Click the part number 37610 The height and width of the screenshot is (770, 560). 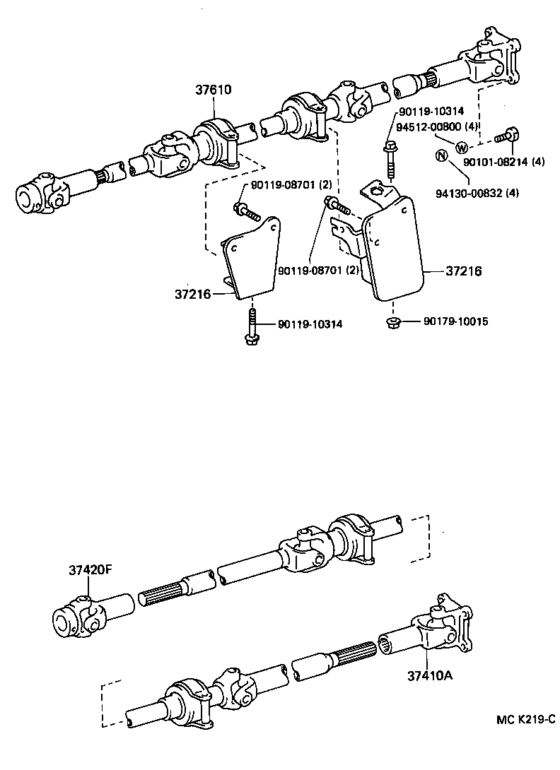coord(214,90)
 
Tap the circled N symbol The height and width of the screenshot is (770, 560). coord(441,156)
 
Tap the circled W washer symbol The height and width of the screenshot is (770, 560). coord(462,148)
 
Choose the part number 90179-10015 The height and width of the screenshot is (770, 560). coord(455,321)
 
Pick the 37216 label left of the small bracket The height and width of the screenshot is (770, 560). coord(192,293)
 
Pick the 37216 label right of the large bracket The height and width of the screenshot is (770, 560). coord(464,271)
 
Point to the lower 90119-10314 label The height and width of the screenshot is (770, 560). coord(310,324)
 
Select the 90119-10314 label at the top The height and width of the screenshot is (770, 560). coord(430,112)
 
